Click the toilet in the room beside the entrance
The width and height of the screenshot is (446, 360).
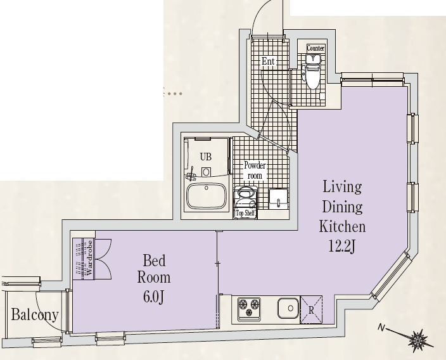point(313,76)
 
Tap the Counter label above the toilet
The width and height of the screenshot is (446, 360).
point(315,48)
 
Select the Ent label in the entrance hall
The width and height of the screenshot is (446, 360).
point(268,61)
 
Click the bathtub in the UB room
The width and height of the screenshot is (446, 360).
point(207,196)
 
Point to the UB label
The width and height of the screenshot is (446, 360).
point(206,157)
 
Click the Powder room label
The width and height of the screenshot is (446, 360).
point(255,170)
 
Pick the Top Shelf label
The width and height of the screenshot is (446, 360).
point(245,213)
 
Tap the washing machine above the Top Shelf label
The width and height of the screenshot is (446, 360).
point(245,198)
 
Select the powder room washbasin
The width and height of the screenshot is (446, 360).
point(279,199)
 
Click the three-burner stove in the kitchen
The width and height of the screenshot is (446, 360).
point(249,309)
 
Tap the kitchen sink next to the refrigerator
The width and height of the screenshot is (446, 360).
point(288,308)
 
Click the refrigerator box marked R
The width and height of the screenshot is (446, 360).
point(311,310)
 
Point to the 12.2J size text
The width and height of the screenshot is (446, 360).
point(342,246)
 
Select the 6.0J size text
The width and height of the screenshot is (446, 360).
point(153,297)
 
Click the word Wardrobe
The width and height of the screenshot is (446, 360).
point(89,258)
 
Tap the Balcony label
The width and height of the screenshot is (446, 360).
point(35,316)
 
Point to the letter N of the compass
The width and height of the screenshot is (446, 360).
point(381,328)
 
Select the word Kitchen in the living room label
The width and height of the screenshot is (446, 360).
point(342,227)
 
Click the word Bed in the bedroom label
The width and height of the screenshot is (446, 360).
point(154,260)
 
